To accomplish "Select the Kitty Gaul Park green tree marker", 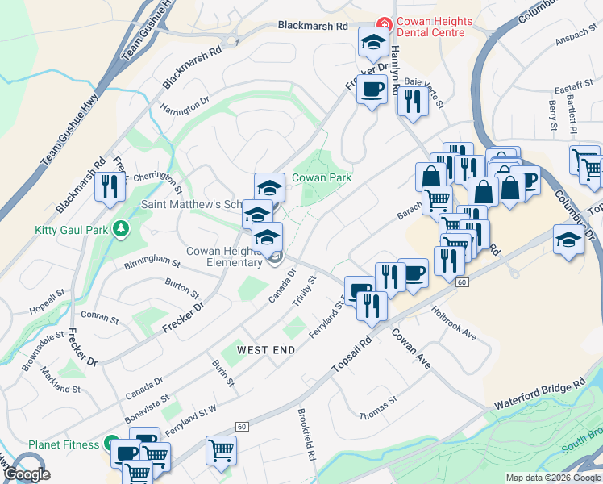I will [121, 229].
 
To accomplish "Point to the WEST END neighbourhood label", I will [266, 350].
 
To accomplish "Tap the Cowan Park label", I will [322, 177].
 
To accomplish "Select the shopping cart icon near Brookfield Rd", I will [221, 450].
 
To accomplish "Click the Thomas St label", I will [379, 407].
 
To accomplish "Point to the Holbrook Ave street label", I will [453, 322].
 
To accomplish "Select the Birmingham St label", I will [152, 261].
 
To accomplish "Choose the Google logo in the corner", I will [27, 474].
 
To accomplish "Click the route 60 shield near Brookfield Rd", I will [240, 426].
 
